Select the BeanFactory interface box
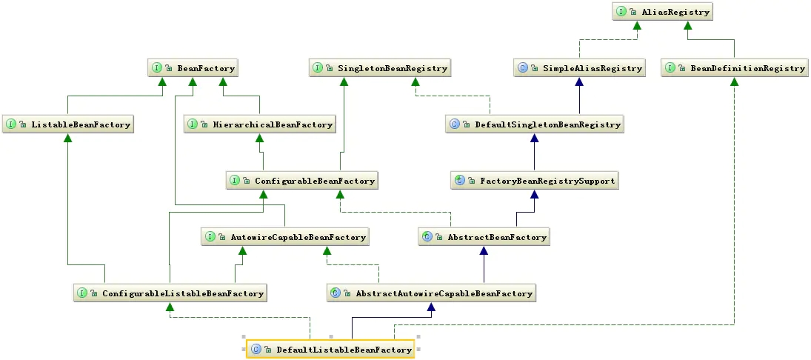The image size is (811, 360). point(194,68)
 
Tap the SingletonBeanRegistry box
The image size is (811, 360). point(381,68)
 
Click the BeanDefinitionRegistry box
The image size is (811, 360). point(735,68)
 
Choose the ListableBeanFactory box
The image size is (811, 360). point(68,124)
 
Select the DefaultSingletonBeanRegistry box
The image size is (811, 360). point(535,124)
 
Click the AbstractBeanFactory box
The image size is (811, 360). point(484,237)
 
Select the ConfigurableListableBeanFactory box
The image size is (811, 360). point(170,293)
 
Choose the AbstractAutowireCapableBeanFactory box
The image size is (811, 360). point(431,293)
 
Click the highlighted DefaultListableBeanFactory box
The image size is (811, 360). point(330,350)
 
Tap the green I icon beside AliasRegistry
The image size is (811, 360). point(621,12)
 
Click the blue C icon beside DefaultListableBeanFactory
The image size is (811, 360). point(256,350)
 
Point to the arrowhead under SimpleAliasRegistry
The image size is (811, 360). point(579,81)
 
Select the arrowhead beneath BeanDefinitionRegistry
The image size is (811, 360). point(735,81)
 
